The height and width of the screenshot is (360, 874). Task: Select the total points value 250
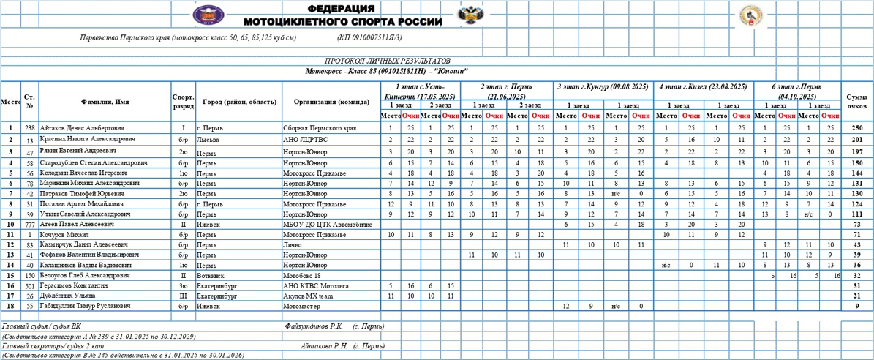point(856,128)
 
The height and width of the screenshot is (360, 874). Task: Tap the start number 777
point(29,224)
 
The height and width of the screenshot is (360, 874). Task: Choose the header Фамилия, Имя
point(105,102)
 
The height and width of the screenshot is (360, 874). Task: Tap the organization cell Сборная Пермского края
point(320,128)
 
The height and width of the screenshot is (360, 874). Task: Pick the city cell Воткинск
point(211,275)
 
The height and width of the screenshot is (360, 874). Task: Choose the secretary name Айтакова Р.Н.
point(325,345)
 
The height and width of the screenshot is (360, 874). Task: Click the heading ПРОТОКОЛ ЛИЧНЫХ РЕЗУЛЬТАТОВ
point(388,61)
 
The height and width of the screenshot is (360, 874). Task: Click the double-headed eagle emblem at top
point(466,15)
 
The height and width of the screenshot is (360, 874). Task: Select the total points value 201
point(856,139)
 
